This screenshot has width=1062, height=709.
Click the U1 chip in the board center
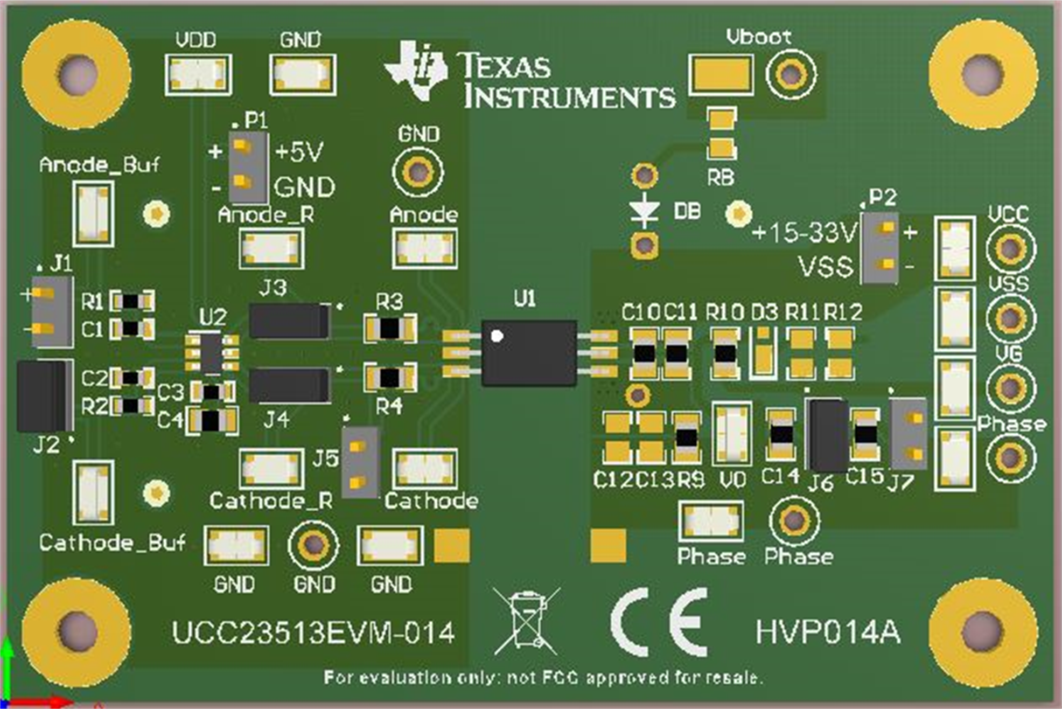(x=529, y=353)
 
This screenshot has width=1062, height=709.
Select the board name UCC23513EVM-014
(x=313, y=632)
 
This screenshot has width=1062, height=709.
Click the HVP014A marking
(x=828, y=631)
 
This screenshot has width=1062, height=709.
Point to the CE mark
(x=659, y=622)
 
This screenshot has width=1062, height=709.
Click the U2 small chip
(x=212, y=353)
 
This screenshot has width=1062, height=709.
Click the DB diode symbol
(x=645, y=211)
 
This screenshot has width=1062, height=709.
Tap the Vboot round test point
(x=791, y=73)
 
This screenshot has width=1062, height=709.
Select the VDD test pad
(x=198, y=74)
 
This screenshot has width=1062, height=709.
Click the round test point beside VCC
(x=1010, y=248)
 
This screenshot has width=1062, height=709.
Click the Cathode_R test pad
(x=271, y=470)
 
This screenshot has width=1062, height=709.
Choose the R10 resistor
(x=724, y=353)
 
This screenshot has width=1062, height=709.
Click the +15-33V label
(x=804, y=233)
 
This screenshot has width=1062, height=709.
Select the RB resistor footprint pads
(x=722, y=133)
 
